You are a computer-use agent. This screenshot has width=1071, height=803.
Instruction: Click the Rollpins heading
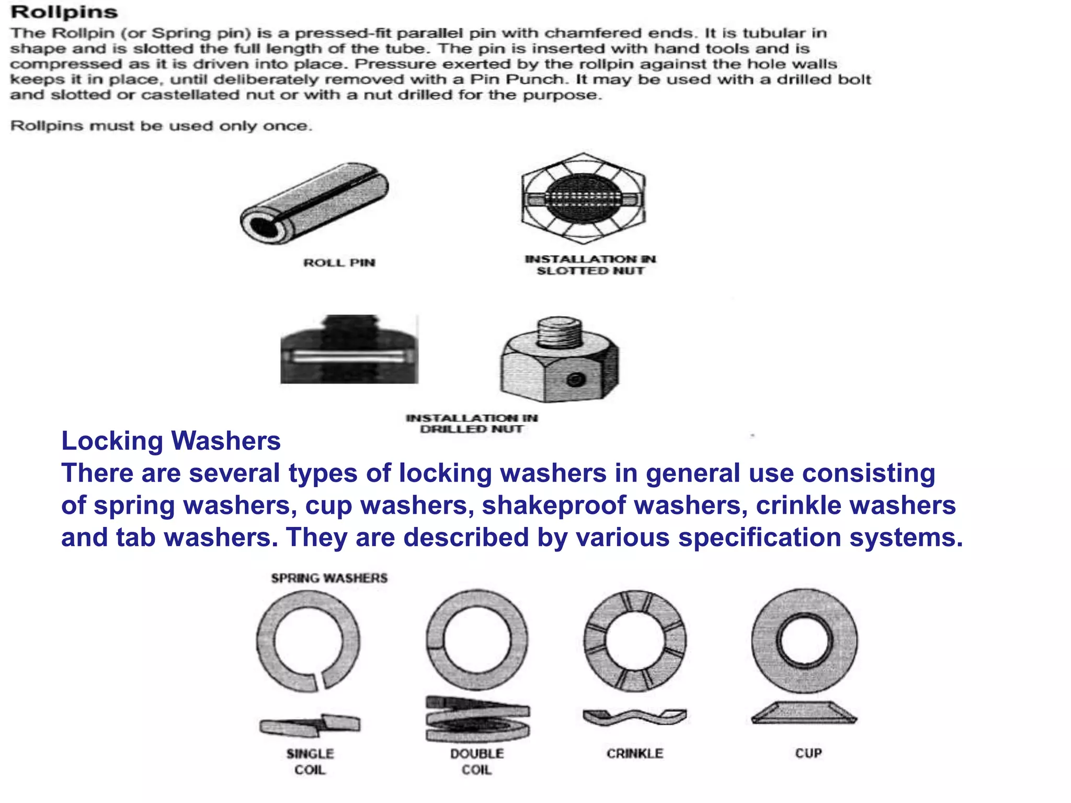click(x=64, y=12)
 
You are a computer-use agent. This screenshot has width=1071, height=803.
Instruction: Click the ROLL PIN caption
click(x=339, y=262)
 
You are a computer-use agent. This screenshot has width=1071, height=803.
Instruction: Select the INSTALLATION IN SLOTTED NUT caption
click(x=590, y=265)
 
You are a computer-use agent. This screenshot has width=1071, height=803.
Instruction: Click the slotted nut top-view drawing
click(x=583, y=199)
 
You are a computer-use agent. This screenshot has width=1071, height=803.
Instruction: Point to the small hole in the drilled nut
click(x=575, y=379)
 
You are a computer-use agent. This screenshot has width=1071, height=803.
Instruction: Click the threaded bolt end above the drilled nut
click(x=559, y=332)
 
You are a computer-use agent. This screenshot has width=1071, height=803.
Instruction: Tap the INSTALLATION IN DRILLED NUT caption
click(x=472, y=423)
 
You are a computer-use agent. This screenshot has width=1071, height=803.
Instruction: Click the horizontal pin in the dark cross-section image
click(x=349, y=357)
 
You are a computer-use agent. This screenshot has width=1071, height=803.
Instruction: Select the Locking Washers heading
click(x=171, y=441)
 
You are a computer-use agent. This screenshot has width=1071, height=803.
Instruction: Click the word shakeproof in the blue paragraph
click(x=554, y=506)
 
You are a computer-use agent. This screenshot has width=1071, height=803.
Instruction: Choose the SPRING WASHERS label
click(x=329, y=578)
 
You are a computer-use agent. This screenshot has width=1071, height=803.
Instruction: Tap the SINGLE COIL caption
click(x=310, y=761)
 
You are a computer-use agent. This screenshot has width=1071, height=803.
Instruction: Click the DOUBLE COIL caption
click(x=477, y=761)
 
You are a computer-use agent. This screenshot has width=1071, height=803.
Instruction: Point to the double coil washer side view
click(x=477, y=719)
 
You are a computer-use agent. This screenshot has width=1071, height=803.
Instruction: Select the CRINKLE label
click(x=635, y=753)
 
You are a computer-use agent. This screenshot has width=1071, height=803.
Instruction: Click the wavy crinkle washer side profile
click(x=634, y=717)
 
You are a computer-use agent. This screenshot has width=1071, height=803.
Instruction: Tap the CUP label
click(x=808, y=753)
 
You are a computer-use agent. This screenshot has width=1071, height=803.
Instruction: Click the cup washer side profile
click(x=804, y=713)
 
